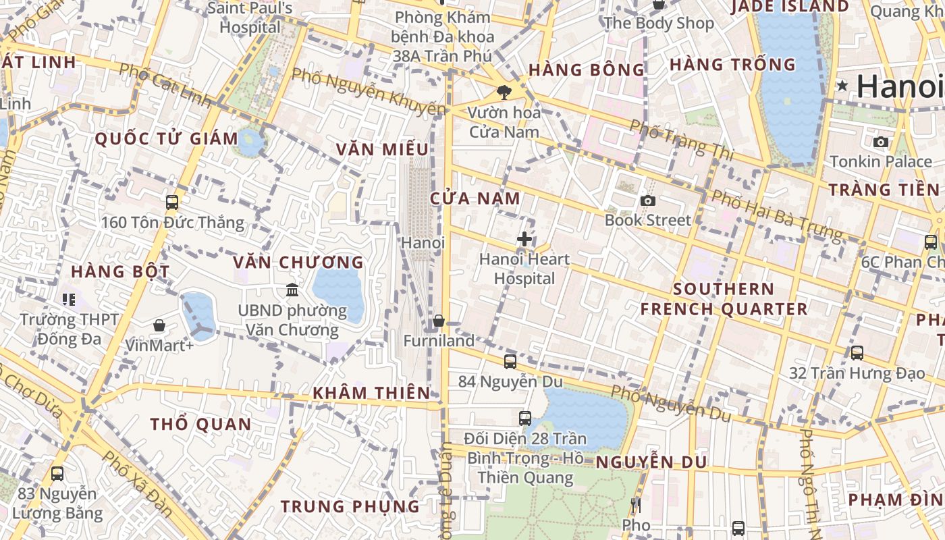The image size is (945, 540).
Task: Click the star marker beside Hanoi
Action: [842, 86]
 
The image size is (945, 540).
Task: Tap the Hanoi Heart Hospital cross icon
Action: [524, 239]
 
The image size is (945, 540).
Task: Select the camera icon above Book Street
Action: [648, 200]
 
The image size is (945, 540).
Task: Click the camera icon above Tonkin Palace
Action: [881, 142]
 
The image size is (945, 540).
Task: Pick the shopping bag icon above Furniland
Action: [439, 321]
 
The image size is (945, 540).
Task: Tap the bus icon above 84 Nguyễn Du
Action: [510, 362]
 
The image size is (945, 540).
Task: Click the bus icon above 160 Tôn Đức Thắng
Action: [172, 202]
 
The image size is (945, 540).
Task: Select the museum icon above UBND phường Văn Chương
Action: [292, 290]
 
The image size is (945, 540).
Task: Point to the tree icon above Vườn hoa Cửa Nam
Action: [504, 92]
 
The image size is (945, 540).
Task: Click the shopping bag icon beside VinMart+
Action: [159, 326]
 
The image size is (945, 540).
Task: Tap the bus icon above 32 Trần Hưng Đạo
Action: [857, 352]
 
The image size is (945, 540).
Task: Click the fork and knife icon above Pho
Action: [635, 505]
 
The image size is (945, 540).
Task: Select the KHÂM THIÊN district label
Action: [371, 393]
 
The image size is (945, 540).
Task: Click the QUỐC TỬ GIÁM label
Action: [166, 140]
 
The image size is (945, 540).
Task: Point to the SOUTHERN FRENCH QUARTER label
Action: [724, 299]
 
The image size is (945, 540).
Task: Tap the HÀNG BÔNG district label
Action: [587, 70]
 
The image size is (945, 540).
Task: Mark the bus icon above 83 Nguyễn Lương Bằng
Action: [57, 474]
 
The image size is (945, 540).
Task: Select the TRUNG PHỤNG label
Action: [350, 506]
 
